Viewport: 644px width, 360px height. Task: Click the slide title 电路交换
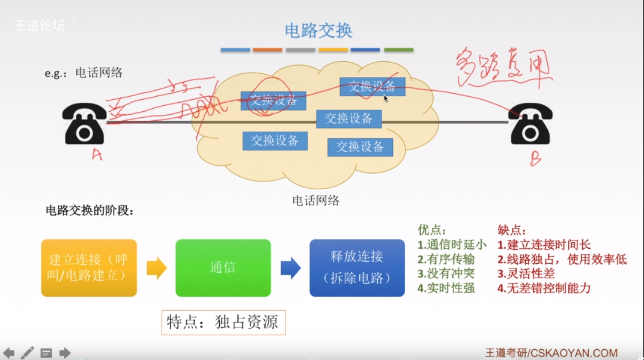[318, 30]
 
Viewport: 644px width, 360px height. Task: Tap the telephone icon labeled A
[85, 123]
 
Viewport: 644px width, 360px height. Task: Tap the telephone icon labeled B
[531, 124]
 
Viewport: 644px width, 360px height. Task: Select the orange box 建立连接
[89, 268]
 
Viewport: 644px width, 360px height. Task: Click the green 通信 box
[223, 268]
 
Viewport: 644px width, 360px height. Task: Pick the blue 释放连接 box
[357, 268]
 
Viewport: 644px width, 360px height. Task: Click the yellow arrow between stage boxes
[156, 268]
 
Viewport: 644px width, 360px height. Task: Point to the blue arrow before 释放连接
[291, 268]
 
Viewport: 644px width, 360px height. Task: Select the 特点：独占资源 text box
[223, 323]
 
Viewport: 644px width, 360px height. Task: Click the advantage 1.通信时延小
[452, 245]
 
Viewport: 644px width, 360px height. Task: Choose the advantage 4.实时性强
[446, 288]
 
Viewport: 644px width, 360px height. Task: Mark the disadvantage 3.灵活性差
[526, 273]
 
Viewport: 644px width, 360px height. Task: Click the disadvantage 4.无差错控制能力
[544, 288]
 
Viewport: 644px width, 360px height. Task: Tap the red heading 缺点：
[512, 230]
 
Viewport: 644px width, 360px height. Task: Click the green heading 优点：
[432, 230]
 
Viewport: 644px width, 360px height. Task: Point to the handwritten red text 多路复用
[503, 68]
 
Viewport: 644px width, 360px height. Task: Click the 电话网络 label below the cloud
[316, 201]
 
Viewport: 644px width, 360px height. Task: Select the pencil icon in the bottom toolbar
[27, 353]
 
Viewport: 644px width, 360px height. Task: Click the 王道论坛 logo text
[40, 26]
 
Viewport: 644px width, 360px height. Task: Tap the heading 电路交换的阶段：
[90, 211]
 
